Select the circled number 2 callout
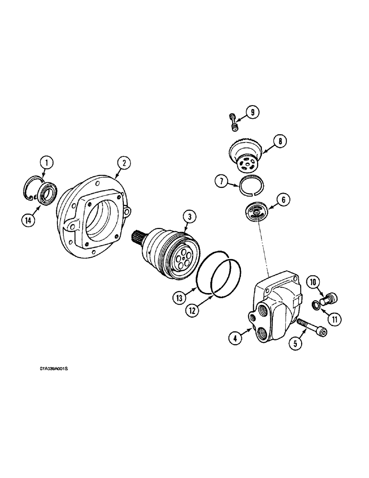tap(123, 163)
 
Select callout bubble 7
tap(221, 182)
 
